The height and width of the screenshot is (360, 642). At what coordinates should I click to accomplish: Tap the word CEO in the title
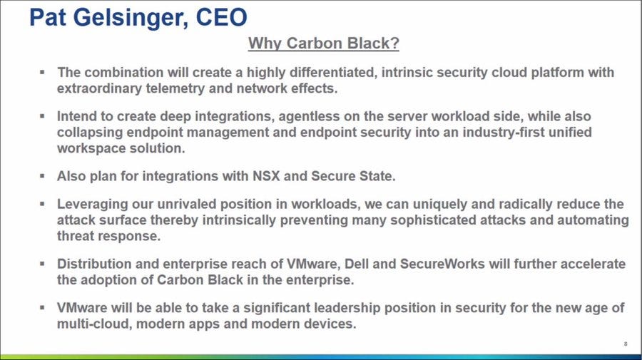point(222,17)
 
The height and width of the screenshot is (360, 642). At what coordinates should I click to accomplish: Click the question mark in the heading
point(394,43)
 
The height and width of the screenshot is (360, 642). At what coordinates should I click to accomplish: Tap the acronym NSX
point(266,176)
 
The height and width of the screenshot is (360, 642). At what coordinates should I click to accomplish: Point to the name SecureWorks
point(442,264)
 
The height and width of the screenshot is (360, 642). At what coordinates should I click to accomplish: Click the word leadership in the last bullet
point(347,308)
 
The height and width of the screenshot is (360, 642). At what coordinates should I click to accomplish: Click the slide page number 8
point(626,344)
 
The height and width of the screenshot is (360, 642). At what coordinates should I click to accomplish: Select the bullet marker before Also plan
point(42,176)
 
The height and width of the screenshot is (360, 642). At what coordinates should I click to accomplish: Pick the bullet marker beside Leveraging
point(42,203)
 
